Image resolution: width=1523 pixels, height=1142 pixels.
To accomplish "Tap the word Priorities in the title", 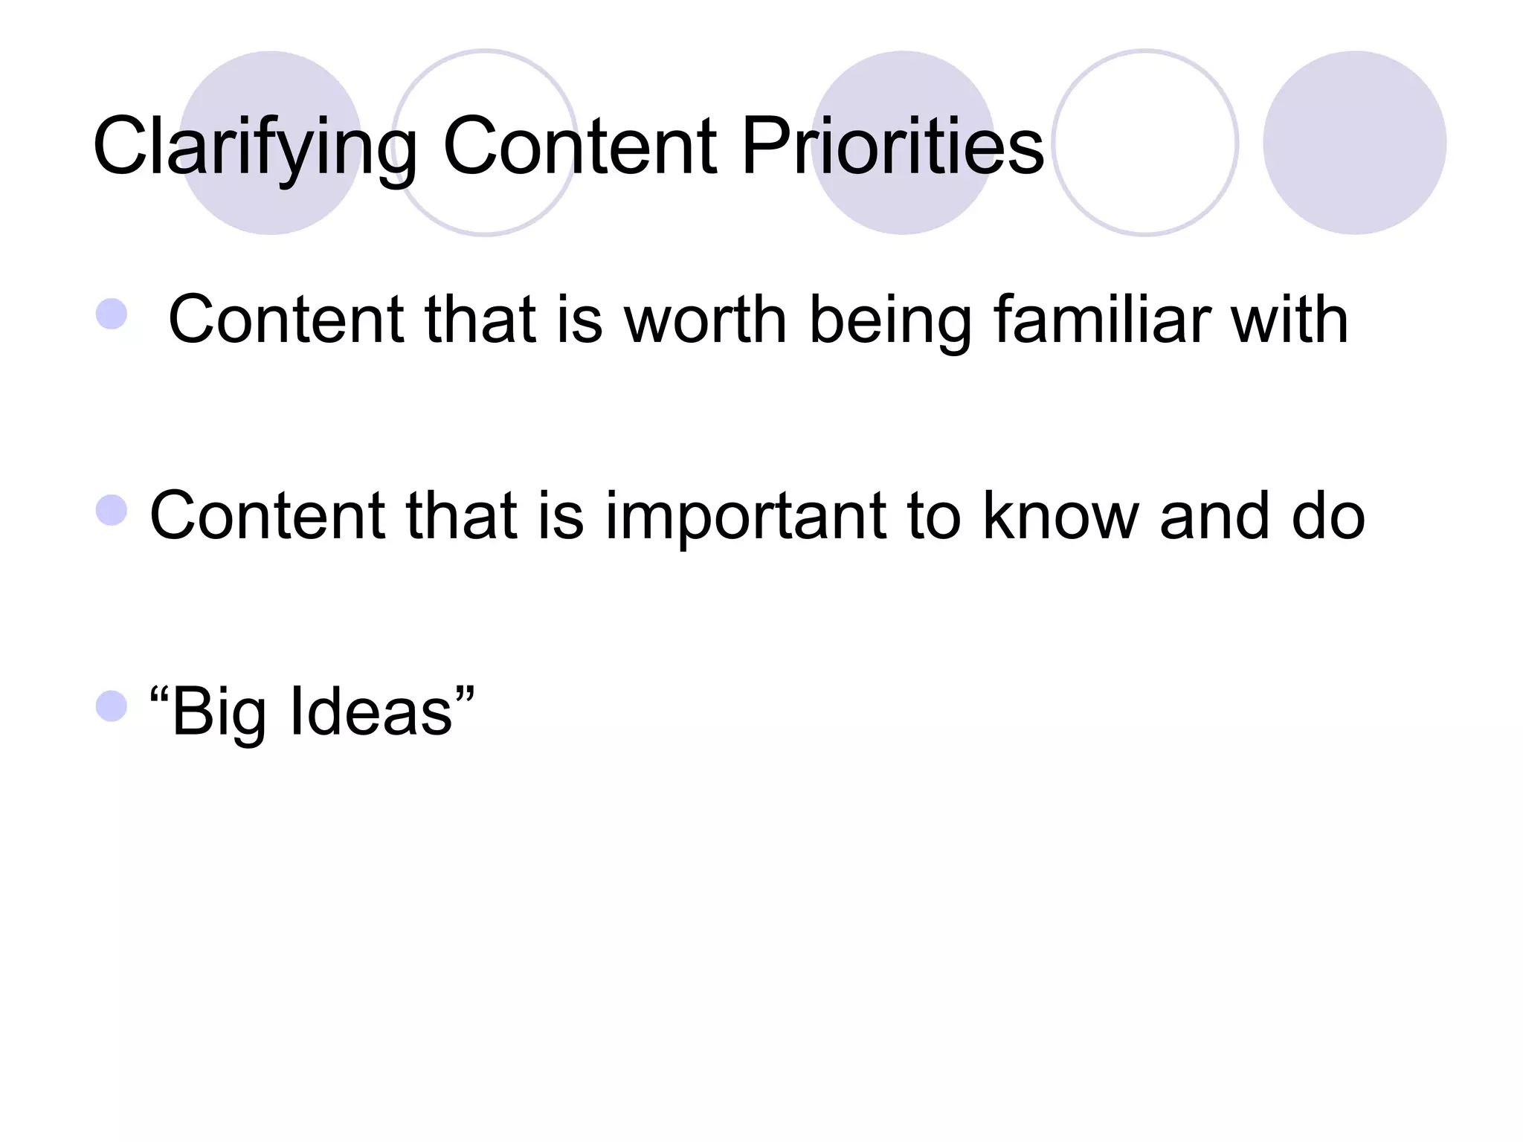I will (892, 147).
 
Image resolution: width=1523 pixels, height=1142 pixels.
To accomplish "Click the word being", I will (889, 322).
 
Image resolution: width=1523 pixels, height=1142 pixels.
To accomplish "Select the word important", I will (746, 517).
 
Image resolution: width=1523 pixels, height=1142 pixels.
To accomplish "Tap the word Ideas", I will (371, 712).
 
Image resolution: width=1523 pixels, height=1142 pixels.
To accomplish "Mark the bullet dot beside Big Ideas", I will (112, 706).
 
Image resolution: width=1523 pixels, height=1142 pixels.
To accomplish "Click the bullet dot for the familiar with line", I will (112, 314).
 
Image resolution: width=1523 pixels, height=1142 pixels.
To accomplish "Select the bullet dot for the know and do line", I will (112, 511).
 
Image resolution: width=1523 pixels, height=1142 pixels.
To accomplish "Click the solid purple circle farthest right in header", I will (1354, 143).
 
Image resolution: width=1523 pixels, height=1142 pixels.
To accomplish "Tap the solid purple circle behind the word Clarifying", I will (271, 143).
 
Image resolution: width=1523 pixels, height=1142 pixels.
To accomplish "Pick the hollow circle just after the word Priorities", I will (1145, 143).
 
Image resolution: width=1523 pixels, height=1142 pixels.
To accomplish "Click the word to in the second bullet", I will (933, 516).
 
